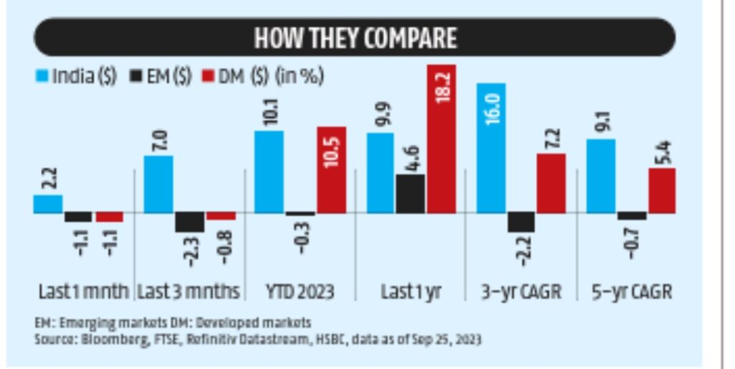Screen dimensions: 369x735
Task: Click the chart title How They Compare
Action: (x=355, y=38)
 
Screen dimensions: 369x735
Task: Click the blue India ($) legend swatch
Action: (x=42, y=77)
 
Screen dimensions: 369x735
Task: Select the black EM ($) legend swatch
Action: (x=136, y=77)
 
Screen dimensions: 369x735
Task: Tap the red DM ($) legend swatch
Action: (x=208, y=77)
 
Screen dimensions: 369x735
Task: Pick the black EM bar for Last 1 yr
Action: (x=410, y=194)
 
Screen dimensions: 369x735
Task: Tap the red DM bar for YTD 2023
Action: (x=331, y=170)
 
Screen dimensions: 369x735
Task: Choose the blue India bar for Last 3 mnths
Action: (x=159, y=184)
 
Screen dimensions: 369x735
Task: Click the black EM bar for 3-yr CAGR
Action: (x=521, y=223)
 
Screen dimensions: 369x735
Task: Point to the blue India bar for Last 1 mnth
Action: (x=48, y=204)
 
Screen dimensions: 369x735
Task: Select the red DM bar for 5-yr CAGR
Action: (x=662, y=190)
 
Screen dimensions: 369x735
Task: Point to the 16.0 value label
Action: (x=491, y=106)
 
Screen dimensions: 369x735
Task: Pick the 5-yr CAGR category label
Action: (x=632, y=292)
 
